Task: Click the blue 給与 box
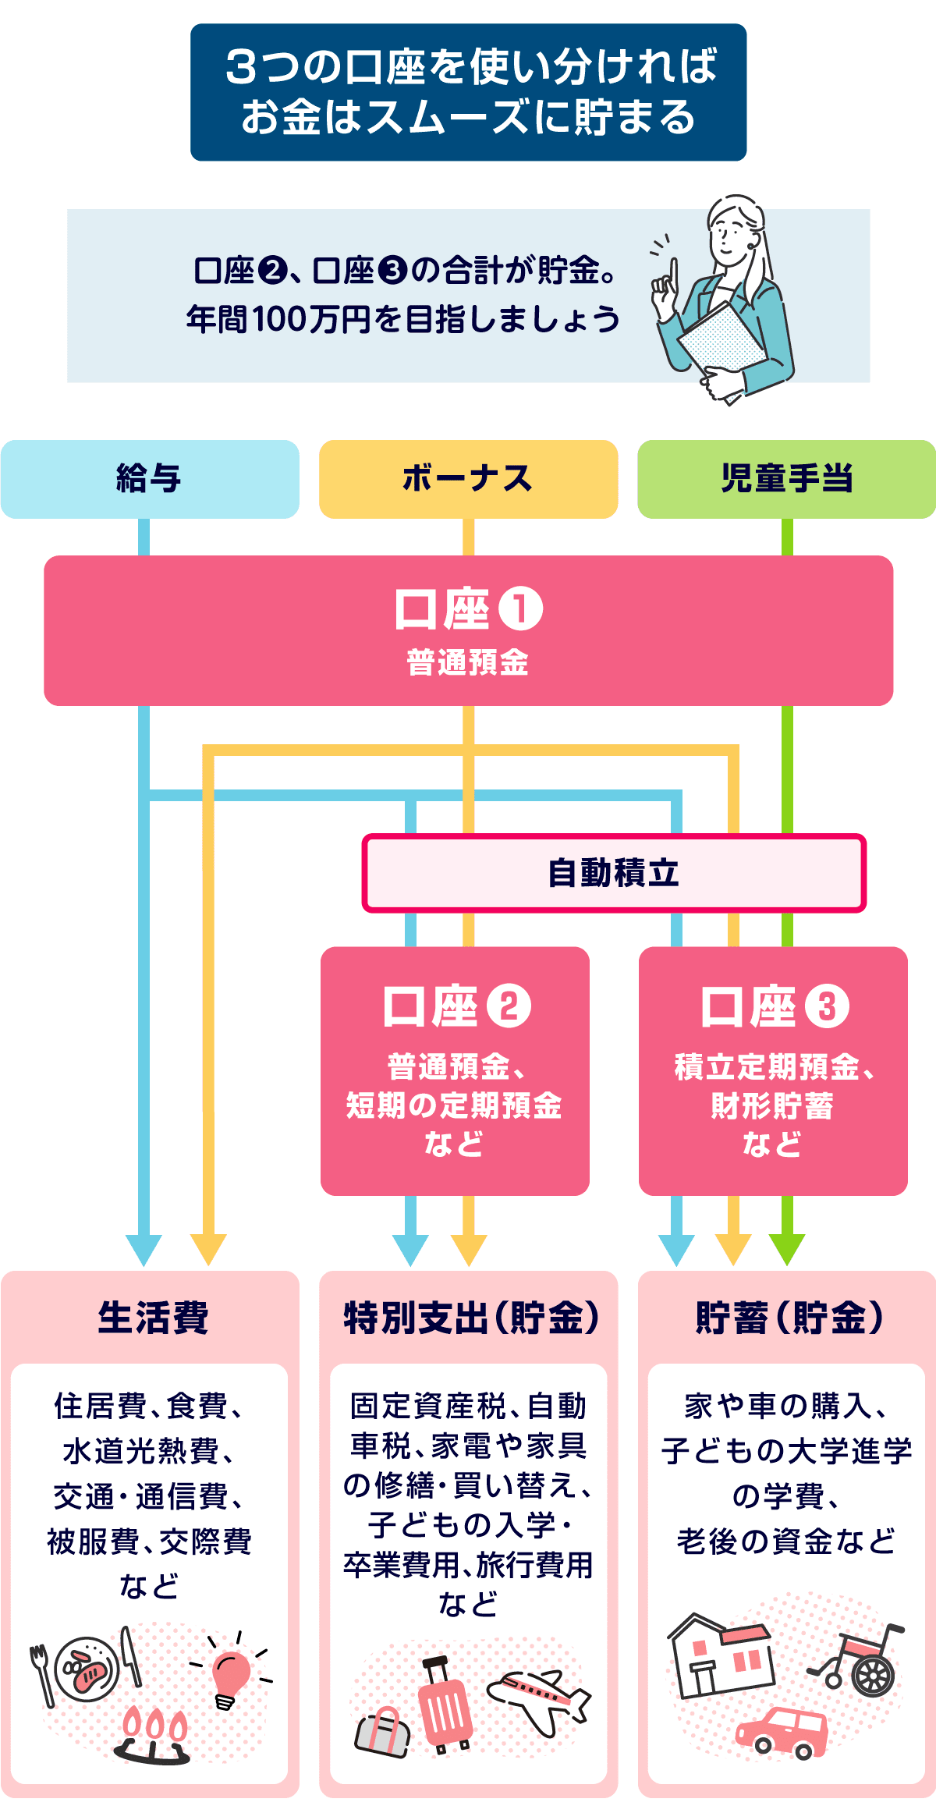point(149,479)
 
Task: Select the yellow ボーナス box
point(468,479)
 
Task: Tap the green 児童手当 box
point(786,479)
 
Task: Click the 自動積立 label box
point(614,873)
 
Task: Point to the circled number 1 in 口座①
point(520,609)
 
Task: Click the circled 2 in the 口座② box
point(509,1006)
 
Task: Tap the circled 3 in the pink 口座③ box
point(827,1006)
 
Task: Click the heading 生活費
point(153,1318)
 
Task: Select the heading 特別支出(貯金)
point(471,1318)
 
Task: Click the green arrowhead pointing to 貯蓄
point(787,1249)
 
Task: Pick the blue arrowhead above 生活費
point(144,1249)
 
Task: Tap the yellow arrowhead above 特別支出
point(468,1249)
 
